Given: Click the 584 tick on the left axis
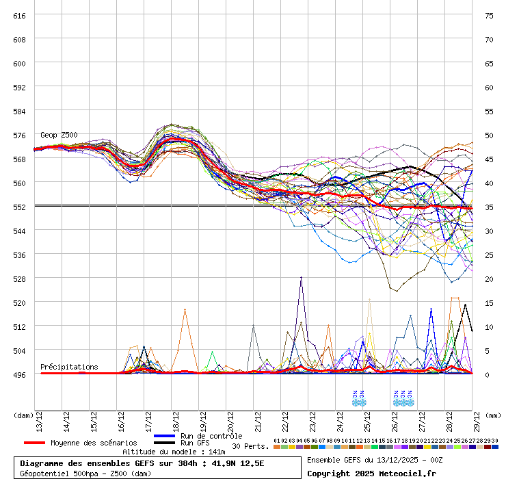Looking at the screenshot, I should coord(19,111).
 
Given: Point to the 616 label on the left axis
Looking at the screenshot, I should coord(19,15).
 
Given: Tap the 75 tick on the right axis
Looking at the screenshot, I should coord(489,15).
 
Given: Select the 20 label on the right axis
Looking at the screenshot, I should coord(489,279).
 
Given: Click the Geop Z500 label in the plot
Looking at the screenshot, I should coord(59,135).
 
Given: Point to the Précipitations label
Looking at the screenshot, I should coord(69,367).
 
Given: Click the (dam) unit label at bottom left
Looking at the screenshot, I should coord(23,415).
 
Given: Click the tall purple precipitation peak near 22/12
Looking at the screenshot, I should coord(301,278).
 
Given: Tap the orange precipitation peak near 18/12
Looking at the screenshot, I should coord(185,309).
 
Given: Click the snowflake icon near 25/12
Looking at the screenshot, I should coord(358,398).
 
